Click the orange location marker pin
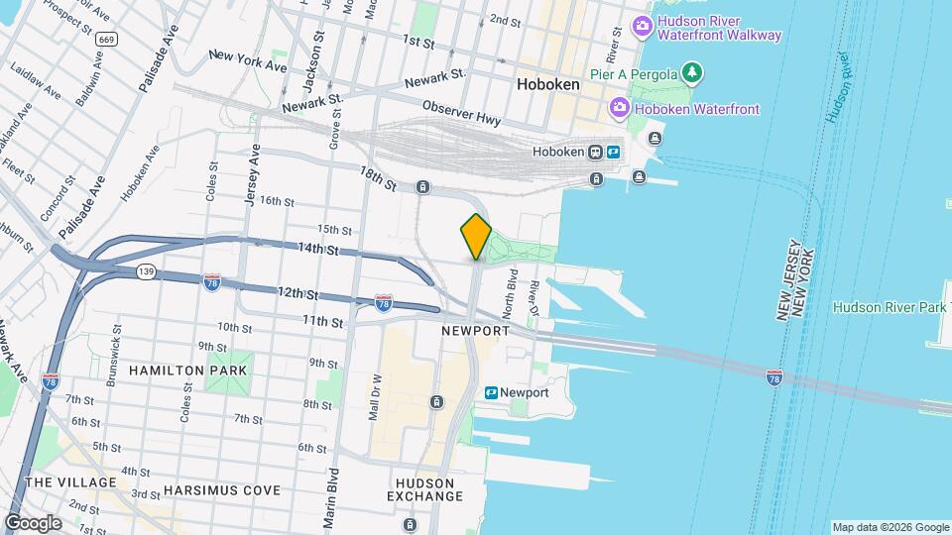tap(476, 236)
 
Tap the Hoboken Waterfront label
tap(697, 108)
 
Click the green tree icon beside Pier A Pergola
tap(693, 73)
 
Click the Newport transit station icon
tap(491, 392)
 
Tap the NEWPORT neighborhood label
tap(475, 330)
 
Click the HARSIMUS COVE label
tap(222, 490)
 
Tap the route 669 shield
tap(107, 39)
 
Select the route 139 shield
tap(147, 270)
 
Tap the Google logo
tap(33, 522)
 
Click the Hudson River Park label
tap(890, 307)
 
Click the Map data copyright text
tap(890, 527)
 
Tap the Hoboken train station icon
tap(595, 153)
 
